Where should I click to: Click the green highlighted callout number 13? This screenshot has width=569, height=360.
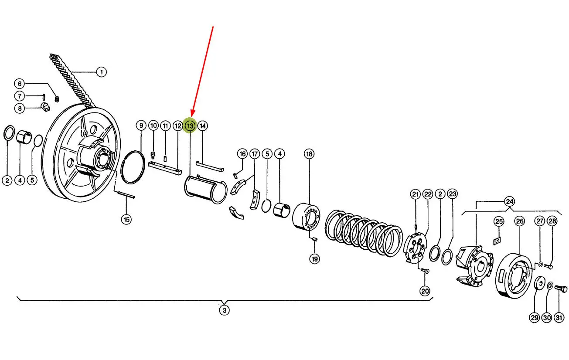(190, 126)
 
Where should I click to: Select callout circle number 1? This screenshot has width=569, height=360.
(102, 72)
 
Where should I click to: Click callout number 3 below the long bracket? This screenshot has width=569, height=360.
(224, 310)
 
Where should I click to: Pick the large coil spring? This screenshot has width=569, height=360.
(364, 233)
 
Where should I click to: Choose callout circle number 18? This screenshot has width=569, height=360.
(309, 154)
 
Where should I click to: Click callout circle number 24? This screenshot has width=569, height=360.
(510, 202)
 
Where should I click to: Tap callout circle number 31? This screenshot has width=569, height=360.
(559, 318)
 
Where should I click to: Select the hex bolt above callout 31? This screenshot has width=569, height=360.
(561, 289)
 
